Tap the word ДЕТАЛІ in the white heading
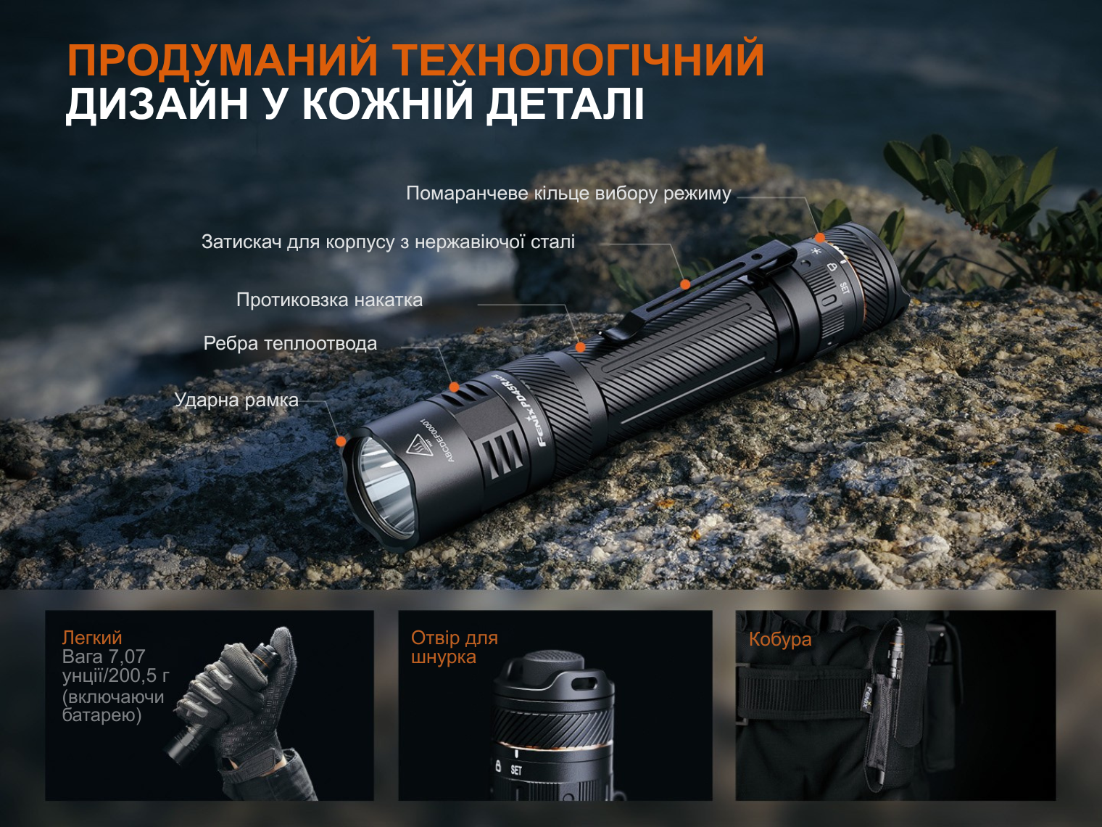tap(565, 104)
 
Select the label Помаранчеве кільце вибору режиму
tap(568, 194)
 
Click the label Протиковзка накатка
tap(329, 300)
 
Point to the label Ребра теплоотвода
tap(290, 343)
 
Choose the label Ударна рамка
tap(236, 400)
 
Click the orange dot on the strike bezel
tap(341, 441)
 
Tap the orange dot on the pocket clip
tap(685, 284)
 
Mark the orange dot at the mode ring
tap(820, 237)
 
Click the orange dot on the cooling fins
tap(455, 387)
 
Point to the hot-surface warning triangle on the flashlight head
tap(420, 445)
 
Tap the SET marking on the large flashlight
tap(845, 288)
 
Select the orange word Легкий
tap(92, 638)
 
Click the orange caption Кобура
tap(780, 639)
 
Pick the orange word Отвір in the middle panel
tap(435, 638)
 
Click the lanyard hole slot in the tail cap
tap(587, 685)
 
